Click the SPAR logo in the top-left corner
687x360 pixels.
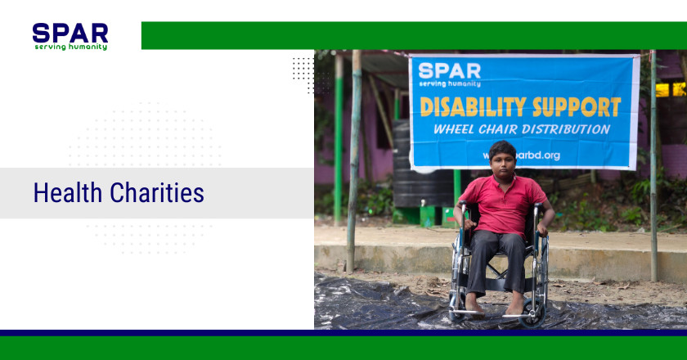tap(70, 33)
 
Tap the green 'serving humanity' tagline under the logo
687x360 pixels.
tap(70, 47)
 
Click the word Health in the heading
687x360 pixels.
tap(69, 193)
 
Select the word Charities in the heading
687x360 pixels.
tap(157, 193)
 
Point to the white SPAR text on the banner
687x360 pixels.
tap(449, 71)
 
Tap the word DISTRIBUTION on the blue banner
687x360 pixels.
tap(564, 129)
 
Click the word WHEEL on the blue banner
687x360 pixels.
tap(455, 129)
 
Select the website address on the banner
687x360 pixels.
tap(523, 155)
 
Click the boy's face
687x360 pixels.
tap(502, 160)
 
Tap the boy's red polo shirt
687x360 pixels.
tap(501, 205)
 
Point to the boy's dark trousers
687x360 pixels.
tap(498, 260)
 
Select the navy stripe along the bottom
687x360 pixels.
tap(343, 333)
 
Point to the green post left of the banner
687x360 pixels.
tap(338, 139)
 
